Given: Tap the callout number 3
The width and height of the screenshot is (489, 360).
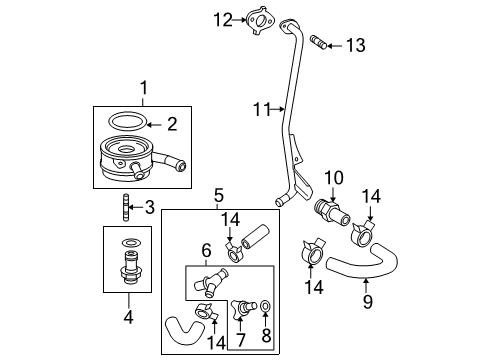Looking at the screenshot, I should pos(149,208).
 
